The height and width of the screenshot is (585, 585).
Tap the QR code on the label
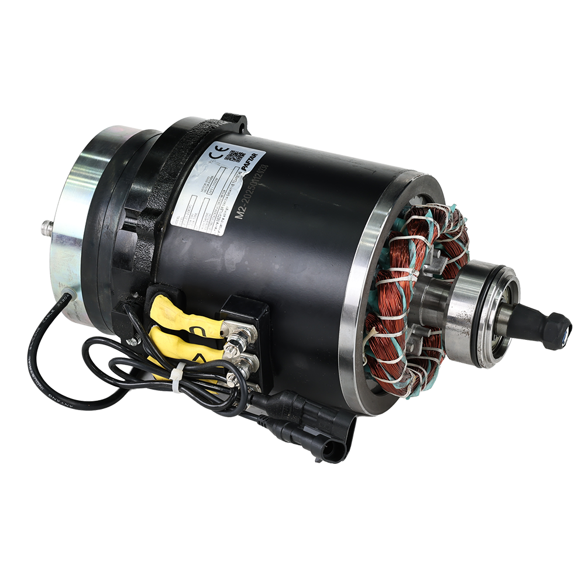click(x=235, y=157)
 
